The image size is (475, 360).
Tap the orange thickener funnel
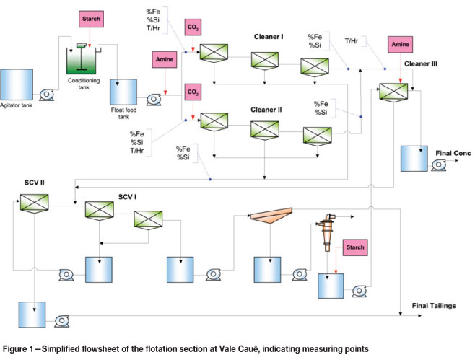point(271,216)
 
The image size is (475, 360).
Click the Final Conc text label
point(452,153)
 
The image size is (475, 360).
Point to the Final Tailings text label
point(434,306)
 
